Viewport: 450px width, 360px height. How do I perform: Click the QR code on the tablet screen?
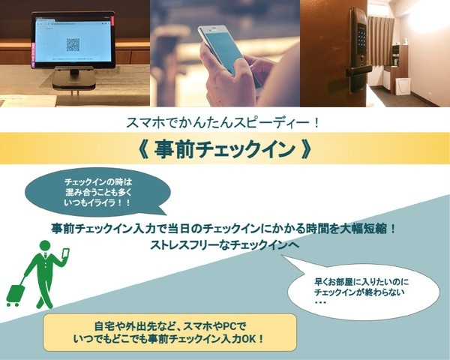pos(73,44)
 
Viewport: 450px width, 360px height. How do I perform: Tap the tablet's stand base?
pos(73,82)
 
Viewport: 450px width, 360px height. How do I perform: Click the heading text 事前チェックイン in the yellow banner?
pos(225,148)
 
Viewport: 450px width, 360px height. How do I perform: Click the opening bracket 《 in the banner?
pos(143,148)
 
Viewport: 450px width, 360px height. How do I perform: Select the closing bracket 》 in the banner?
pos(306,148)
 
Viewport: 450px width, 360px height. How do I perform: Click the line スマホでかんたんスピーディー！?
pos(223,123)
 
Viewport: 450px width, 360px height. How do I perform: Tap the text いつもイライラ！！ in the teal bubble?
pos(97,203)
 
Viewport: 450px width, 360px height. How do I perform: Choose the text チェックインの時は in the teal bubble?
pos(97,182)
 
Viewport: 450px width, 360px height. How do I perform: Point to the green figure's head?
pos(45,246)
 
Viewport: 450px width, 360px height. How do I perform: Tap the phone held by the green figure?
pos(66,254)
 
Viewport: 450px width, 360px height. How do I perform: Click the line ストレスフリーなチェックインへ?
pos(225,245)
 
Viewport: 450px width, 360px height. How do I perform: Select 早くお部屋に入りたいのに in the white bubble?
pos(362,282)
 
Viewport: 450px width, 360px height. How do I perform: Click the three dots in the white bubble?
pos(320,303)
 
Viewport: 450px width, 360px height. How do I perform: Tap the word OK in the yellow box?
pos(249,339)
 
